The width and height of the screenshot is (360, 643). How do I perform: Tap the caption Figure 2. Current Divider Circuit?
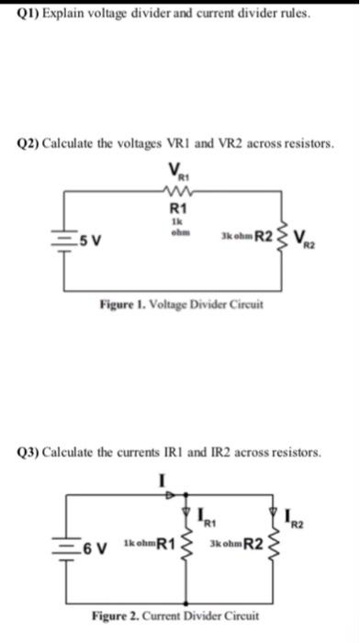tap(175, 615)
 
